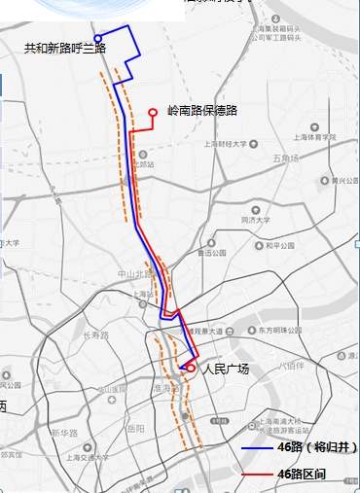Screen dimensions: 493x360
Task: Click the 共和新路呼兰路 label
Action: coord(64,48)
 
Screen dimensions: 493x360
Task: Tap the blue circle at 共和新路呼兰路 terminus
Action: coord(97,39)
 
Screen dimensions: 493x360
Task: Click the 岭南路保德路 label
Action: coord(202,112)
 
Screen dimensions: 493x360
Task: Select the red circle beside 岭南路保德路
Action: coord(153,113)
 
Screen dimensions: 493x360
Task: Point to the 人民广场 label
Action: coord(226,370)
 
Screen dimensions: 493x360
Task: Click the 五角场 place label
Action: coord(285,158)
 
